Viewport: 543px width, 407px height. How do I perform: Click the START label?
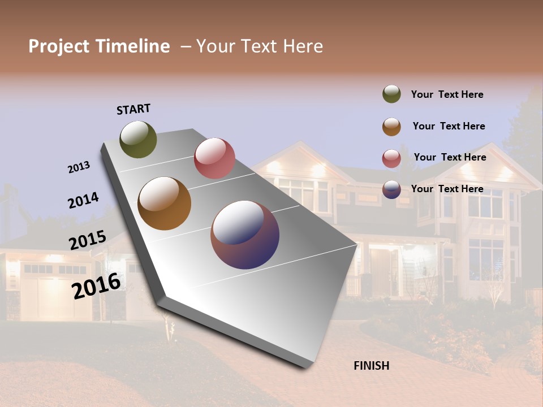pos(133,109)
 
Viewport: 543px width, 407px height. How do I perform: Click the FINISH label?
pos(371,366)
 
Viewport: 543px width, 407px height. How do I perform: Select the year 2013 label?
pos(79,167)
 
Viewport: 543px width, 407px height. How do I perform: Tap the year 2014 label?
pos(83,200)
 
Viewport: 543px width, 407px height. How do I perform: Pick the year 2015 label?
pos(87,240)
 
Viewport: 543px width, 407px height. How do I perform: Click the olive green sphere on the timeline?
pos(138,139)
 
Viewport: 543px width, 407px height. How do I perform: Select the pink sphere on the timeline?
pos(214,158)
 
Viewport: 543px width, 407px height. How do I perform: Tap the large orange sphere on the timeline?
pos(164,203)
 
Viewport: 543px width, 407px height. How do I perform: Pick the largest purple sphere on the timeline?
pos(245,234)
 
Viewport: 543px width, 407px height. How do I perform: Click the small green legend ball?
pos(391,94)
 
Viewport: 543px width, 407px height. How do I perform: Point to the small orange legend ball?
pos(391,127)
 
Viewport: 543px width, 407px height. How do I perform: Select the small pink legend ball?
pos(391,158)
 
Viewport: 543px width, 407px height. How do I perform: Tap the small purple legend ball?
pos(391,189)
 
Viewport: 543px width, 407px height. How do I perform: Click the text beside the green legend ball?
pos(447,95)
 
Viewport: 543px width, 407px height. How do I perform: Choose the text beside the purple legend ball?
pos(447,189)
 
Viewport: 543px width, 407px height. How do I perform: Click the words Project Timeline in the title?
pos(99,46)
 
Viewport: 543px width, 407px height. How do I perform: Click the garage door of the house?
pos(51,294)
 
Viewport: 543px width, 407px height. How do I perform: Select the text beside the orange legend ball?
pos(449,126)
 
